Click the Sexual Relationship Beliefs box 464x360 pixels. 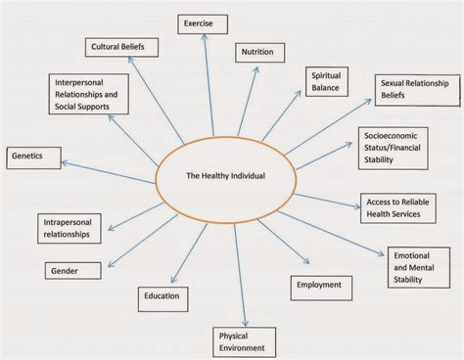[416, 91]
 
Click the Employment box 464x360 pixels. [321, 285]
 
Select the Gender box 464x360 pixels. [72, 269]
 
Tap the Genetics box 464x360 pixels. [33, 155]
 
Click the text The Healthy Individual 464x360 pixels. [225, 177]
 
